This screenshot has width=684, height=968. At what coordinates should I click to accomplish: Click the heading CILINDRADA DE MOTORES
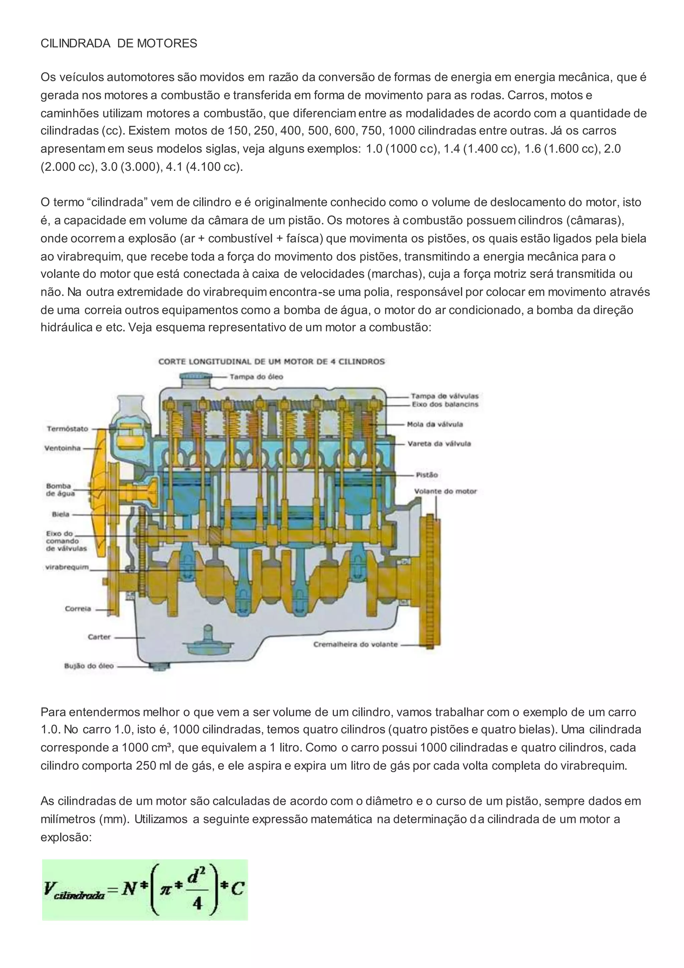pos(119,43)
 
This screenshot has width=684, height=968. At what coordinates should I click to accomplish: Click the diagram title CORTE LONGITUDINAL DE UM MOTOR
pos(271,361)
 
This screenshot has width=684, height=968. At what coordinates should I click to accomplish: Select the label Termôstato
pos(67,429)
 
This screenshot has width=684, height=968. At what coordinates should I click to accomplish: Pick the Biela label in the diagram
pos(60,514)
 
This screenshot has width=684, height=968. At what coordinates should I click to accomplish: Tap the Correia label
pos(78,609)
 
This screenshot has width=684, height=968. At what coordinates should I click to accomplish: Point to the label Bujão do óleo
pos(89,666)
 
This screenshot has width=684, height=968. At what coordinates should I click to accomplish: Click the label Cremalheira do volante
pos(355,644)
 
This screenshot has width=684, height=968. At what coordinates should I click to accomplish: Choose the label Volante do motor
pos(445,491)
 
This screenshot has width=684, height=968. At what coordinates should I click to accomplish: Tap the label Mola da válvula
pos(435,424)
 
